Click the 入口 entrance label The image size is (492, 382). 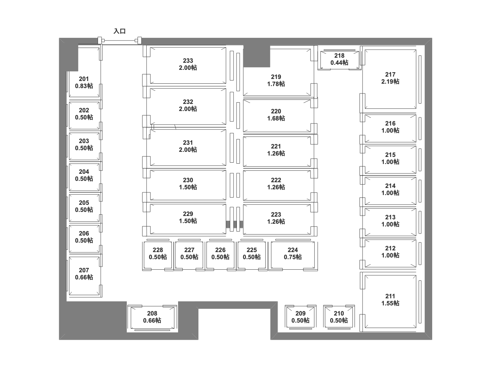pyautogui.click(x=120, y=31)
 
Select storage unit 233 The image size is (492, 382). pyautogui.click(x=188, y=64)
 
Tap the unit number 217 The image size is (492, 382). pyautogui.click(x=390, y=75)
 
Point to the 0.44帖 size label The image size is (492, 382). pyautogui.click(x=339, y=63)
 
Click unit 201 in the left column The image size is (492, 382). pyautogui.click(x=84, y=82)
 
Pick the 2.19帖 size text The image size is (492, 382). pyautogui.click(x=390, y=82)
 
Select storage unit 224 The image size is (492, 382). pyautogui.click(x=293, y=254)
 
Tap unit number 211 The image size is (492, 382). pyautogui.click(x=390, y=296)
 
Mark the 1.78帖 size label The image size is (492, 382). pyautogui.click(x=276, y=84)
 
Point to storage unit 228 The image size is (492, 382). pyautogui.click(x=157, y=254)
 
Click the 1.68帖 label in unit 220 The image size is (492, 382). pyautogui.click(x=276, y=118)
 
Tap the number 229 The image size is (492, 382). pyautogui.click(x=188, y=214)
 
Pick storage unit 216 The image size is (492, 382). pyautogui.click(x=390, y=127)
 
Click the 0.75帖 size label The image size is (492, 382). pyautogui.click(x=293, y=257)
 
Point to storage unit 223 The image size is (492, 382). pyautogui.click(x=276, y=218)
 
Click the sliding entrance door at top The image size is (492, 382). pyautogui.click(x=120, y=41)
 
